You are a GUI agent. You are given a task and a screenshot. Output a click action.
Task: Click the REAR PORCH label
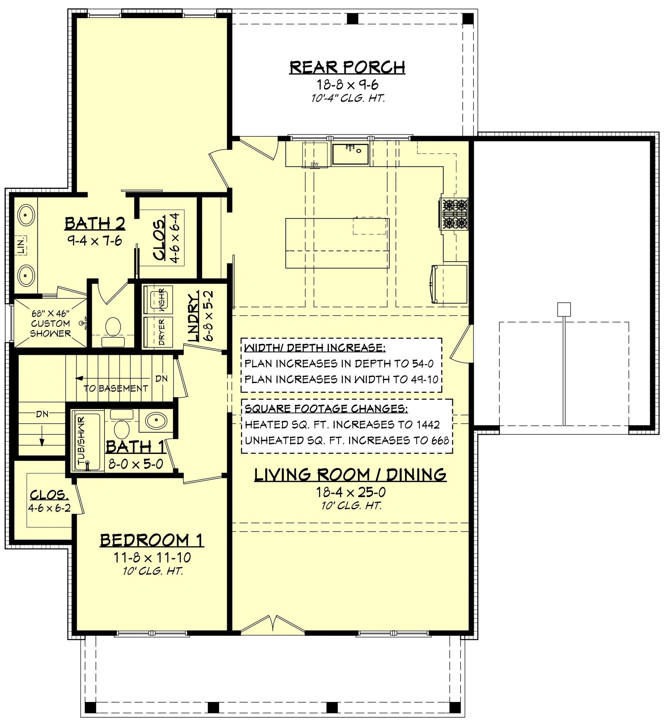tap(347, 68)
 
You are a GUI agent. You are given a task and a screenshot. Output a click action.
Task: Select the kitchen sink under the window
tap(350, 153)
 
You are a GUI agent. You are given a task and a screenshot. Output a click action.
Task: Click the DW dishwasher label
tap(315, 164)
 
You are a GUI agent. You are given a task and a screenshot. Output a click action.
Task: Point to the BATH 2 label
tap(95, 224)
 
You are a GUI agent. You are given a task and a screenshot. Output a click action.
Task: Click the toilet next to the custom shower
tap(113, 329)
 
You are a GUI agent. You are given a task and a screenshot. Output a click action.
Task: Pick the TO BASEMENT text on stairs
tap(116, 388)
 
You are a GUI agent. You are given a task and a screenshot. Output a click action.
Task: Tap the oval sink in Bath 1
tap(156, 421)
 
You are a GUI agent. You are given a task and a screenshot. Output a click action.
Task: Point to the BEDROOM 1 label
tap(152, 540)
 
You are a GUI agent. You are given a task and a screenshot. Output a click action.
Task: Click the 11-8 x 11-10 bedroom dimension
tap(152, 558)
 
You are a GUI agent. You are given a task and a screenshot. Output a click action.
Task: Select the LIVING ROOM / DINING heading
tap(350, 475)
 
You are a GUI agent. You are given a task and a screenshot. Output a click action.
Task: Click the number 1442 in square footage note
tap(427, 424)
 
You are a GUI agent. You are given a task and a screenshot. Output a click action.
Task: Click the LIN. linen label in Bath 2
tap(22, 245)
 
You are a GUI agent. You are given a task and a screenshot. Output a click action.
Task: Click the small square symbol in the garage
tap(564, 309)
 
